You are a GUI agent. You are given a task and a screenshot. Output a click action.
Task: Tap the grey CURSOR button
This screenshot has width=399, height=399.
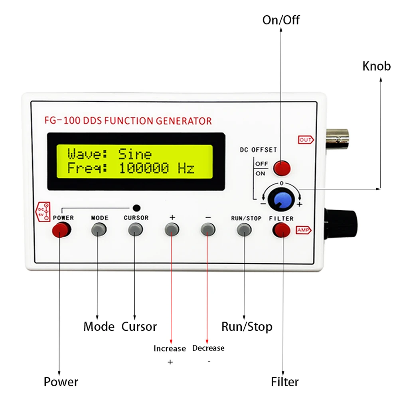135,229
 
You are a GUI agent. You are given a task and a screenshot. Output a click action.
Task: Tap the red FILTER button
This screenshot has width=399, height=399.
281,229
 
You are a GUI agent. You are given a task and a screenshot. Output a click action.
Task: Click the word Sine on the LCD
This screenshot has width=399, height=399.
135,154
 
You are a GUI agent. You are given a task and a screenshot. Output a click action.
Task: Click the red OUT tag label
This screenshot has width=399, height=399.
306,140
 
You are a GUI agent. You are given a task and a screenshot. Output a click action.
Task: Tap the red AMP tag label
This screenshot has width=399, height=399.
303,230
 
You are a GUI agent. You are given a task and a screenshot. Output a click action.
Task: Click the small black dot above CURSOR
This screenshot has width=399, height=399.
136,208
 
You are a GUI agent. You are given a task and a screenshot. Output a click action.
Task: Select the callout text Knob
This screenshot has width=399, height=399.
376,66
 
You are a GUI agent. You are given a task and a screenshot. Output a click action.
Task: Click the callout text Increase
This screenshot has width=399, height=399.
170,348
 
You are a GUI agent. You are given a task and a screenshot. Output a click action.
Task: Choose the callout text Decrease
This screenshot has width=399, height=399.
208,348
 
